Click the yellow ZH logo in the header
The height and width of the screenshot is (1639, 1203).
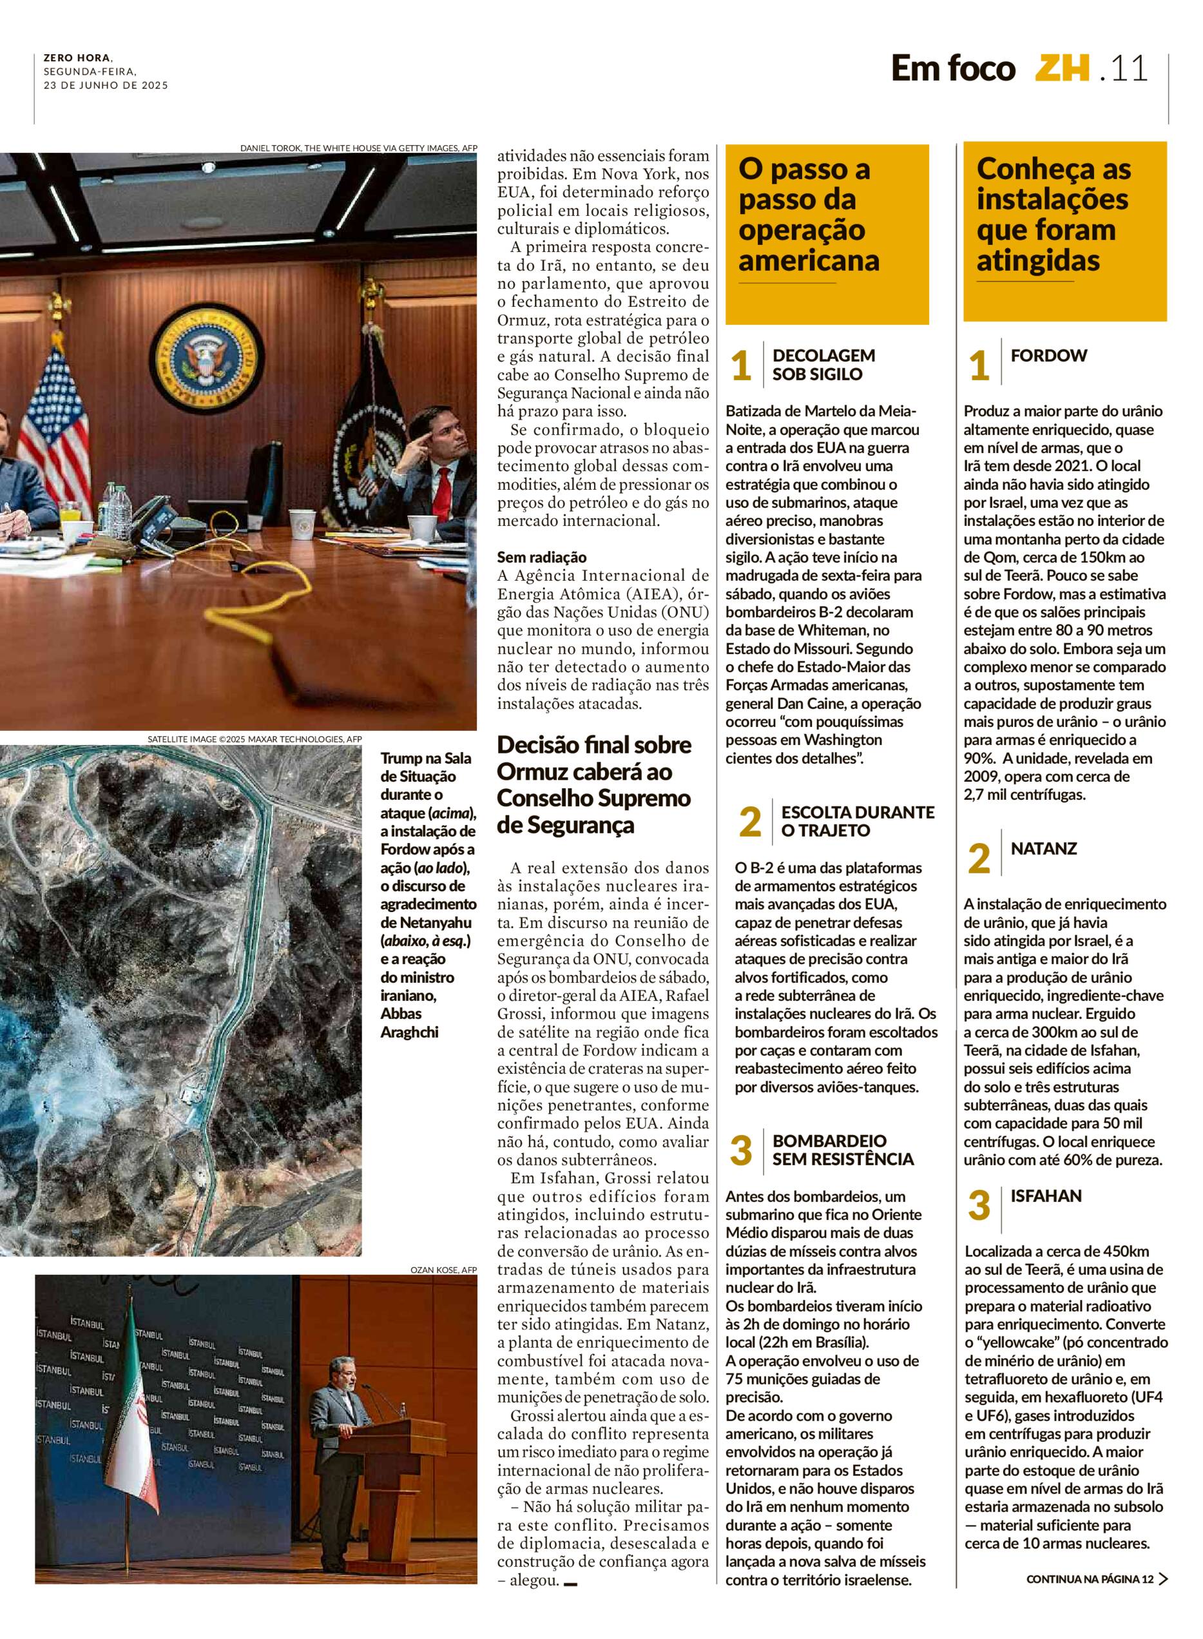point(1063,69)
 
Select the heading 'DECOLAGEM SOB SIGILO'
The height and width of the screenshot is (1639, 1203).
point(823,365)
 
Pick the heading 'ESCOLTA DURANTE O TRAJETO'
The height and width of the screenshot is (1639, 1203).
point(856,821)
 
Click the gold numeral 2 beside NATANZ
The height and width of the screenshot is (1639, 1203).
point(979,859)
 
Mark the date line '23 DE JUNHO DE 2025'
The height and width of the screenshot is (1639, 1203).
point(106,84)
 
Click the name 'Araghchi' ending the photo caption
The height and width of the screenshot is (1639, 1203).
point(409,1033)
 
